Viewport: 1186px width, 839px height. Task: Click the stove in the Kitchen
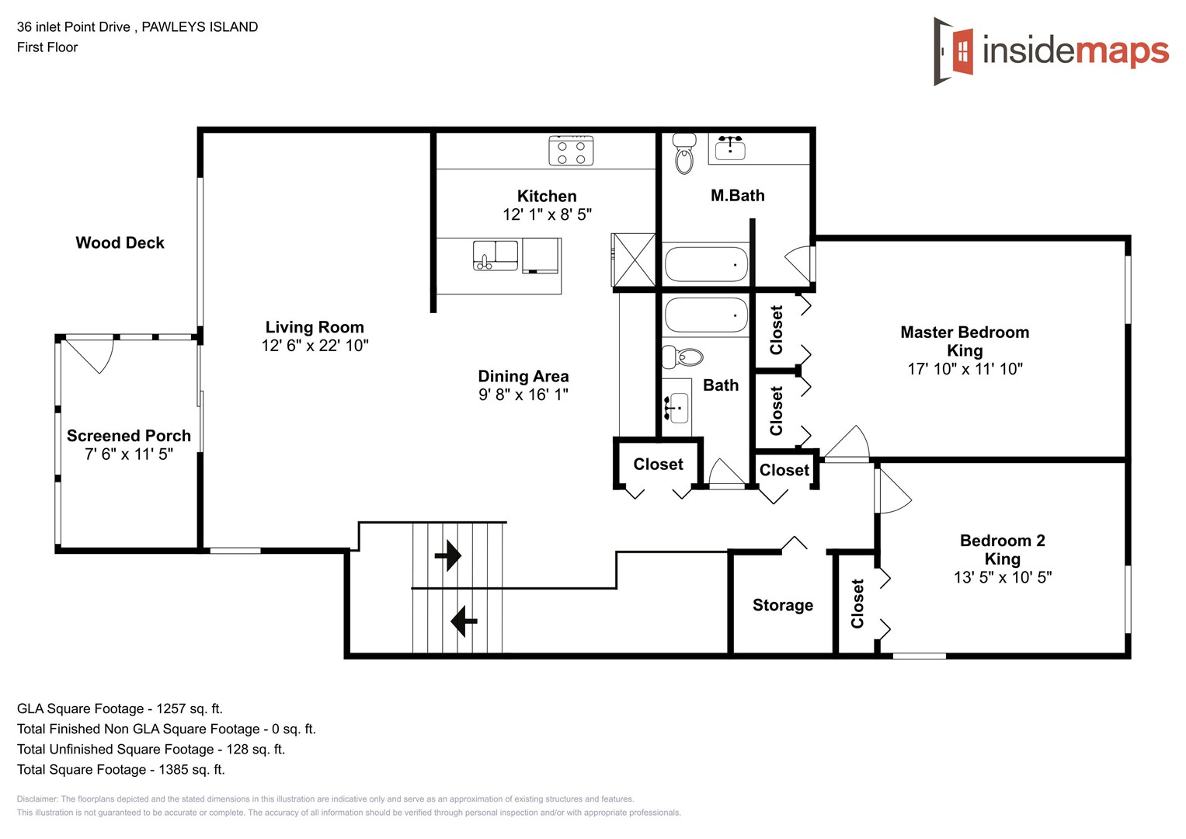tap(571, 151)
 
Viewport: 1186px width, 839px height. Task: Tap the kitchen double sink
tap(496, 255)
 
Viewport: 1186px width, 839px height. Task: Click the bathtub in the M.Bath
tap(706, 264)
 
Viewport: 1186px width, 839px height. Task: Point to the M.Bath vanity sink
tap(730, 148)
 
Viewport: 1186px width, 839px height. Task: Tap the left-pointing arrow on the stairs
tap(464, 621)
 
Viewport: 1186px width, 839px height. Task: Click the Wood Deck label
tap(120, 242)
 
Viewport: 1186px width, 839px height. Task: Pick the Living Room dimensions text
tap(315, 346)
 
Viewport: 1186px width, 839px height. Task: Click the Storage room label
tap(782, 605)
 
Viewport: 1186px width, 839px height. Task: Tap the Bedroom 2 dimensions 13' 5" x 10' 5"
tap(1002, 577)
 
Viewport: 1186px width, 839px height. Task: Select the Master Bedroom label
tap(965, 332)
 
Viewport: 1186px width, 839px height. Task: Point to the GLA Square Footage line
tap(120, 708)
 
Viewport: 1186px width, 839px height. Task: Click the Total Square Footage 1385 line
tap(120, 769)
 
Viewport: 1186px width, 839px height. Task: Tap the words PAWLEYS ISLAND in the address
tap(200, 26)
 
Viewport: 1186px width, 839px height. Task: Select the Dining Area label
tap(523, 376)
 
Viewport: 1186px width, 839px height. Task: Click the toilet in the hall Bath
tap(682, 357)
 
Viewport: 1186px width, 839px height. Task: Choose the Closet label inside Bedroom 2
tap(857, 604)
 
